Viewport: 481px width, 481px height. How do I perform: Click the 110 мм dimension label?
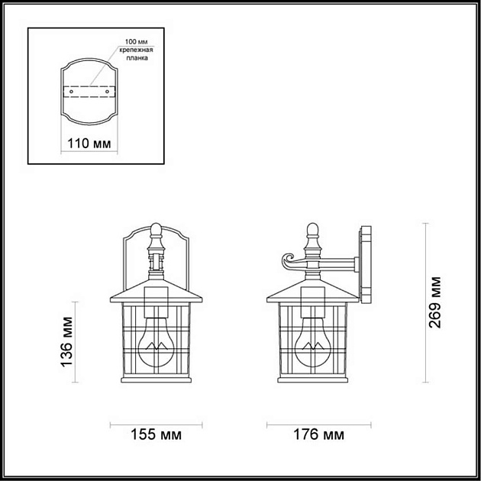[89, 144]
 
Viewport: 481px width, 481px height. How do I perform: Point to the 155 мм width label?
[156, 435]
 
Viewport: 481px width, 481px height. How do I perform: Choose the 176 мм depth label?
[318, 435]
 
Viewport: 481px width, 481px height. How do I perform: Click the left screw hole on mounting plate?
[70, 92]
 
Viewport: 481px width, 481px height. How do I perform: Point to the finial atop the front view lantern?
[157, 229]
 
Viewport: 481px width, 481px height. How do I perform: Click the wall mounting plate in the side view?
[365, 263]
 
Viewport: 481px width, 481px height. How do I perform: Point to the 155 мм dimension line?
[156, 424]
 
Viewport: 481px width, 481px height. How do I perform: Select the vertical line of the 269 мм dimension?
[424, 302]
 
